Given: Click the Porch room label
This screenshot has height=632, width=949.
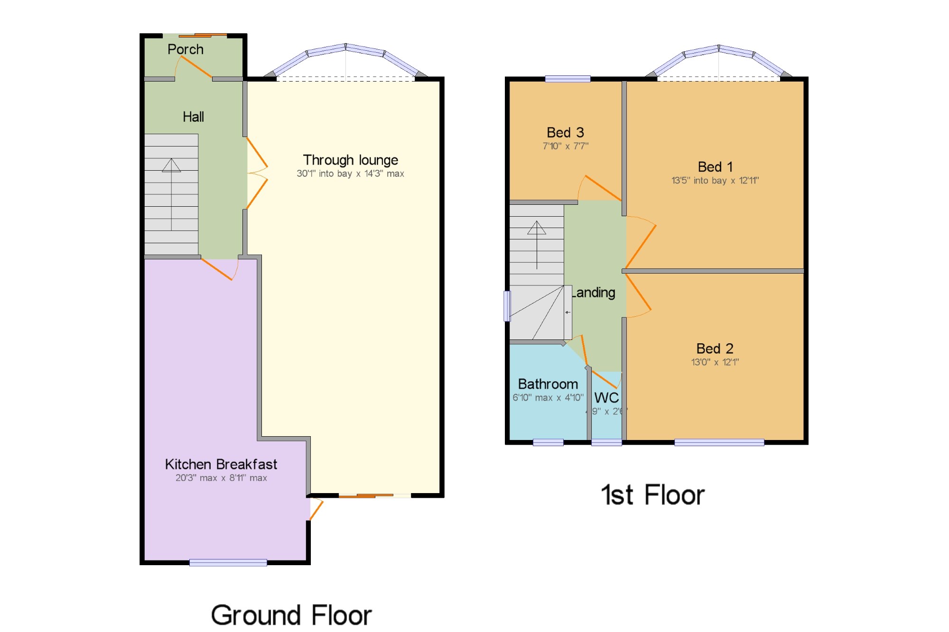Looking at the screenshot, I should click(x=186, y=49).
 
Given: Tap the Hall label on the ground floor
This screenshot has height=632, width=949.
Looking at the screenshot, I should click(x=193, y=117).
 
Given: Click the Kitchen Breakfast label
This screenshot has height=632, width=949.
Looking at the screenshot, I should click(x=221, y=464).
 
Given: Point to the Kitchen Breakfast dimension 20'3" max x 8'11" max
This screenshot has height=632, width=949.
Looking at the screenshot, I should click(x=221, y=478).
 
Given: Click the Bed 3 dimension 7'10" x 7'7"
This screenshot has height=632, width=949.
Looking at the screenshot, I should click(x=565, y=146).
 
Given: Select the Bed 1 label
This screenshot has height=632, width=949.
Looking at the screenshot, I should click(x=715, y=167).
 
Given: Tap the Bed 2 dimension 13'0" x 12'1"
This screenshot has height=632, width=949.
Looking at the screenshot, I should click(x=715, y=362).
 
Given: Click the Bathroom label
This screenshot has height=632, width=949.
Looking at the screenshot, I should click(x=548, y=384).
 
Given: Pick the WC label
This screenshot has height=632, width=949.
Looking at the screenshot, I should click(x=606, y=398).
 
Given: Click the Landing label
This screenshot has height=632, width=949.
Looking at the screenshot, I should click(x=594, y=293).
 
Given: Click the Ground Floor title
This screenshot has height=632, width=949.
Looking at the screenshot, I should click(x=291, y=615).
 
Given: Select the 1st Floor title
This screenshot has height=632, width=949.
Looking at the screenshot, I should click(x=652, y=495).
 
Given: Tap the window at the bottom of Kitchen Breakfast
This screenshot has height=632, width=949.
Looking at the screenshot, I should click(x=228, y=562).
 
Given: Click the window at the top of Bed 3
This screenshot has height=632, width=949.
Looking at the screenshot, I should click(x=568, y=79).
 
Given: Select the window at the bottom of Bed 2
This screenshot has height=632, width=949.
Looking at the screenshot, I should click(x=719, y=442).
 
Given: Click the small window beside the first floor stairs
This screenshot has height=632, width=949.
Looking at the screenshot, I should click(x=507, y=306).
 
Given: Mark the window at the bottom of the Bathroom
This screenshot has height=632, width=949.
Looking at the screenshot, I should click(x=548, y=442).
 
